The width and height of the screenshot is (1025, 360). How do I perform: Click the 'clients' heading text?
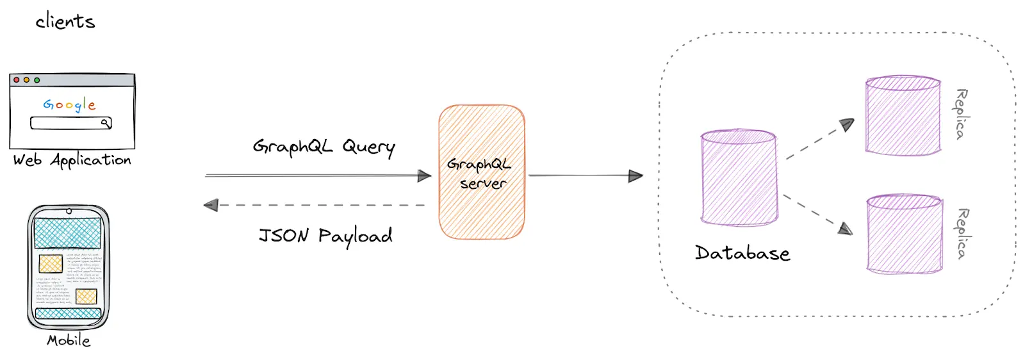(65, 22)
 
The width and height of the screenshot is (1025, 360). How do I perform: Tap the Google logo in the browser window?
(69, 104)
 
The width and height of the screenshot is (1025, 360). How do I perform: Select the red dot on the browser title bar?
(17, 80)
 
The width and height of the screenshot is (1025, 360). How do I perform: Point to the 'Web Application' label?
(72, 160)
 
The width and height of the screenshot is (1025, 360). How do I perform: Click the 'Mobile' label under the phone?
(69, 341)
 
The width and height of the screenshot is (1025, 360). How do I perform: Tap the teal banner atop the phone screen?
(67, 233)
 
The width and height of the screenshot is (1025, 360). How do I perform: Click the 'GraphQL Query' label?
(324, 147)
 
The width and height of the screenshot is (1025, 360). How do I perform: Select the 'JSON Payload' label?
(325, 236)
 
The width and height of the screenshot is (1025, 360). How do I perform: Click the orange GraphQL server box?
(482, 172)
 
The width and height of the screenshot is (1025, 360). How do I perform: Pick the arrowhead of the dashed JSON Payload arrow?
(211, 206)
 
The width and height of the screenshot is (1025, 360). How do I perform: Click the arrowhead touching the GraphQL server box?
(424, 176)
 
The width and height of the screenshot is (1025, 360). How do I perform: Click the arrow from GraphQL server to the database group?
(584, 176)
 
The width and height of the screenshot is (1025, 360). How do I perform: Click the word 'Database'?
(742, 253)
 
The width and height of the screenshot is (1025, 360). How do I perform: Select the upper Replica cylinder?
(903, 115)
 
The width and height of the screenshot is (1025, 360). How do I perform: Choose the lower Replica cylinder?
(904, 234)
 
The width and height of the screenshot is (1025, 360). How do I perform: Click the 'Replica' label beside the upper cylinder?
(961, 114)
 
